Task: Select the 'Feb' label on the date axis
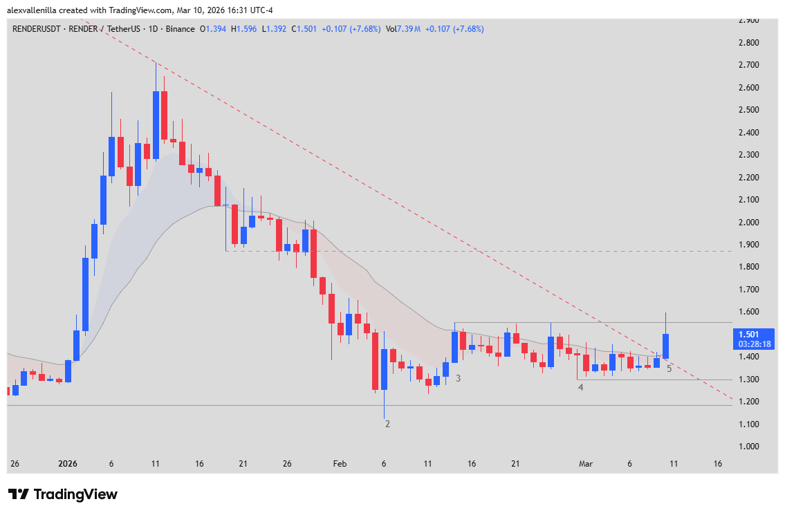pyautogui.click(x=339, y=464)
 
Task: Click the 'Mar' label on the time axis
pyautogui.click(x=586, y=464)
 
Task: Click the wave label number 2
pyautogui.click(x=387, y=424)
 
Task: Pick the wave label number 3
pyautogui.click(x=458, y=378)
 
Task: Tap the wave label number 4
pyautogui.click(x=581, y=387)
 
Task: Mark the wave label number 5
pyautogui.click(x=669, y=368)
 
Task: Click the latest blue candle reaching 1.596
pyautogui.click(x=665, y=346)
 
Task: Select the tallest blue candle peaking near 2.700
pyautogui.click(x=156, y=124)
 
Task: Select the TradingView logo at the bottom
pyautogui.click(x=62, y=494)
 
